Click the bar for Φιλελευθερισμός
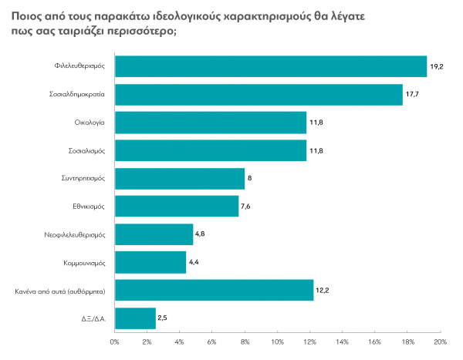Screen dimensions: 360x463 pos(270,67)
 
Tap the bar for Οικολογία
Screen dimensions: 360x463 pos(210,123)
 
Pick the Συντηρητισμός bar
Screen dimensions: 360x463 pos(179,178)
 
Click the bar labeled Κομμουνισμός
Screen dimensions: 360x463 pos(150,262)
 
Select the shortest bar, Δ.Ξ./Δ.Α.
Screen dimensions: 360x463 pos(135,318)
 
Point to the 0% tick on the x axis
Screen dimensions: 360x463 pos(114,340)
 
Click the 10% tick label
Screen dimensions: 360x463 pos(277,340)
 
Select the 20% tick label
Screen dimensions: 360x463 pos(440,340)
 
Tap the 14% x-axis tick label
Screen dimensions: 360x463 pos(342,340)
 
